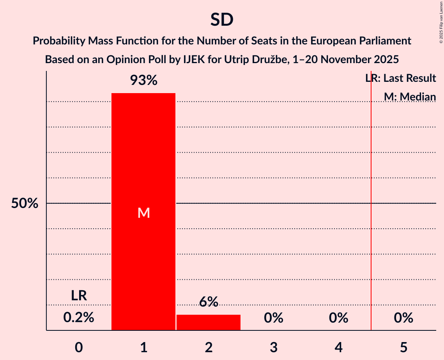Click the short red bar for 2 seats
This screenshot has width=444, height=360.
tap(209, 322)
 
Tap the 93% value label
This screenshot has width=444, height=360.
tap(143, 81)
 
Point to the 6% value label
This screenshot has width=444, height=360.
tap(209, 302)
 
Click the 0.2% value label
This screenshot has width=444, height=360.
tap(79, 318)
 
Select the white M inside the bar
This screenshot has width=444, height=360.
tap(143, 213)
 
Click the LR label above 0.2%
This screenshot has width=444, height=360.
tap(79, 296)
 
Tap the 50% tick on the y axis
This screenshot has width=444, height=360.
tap(25, 203)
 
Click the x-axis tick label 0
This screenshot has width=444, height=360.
tap(79, 347)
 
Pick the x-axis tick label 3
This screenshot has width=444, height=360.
tap(274, 347)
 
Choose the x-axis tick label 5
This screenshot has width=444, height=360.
tap(403, 347)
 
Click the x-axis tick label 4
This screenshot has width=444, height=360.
tap(338, 347)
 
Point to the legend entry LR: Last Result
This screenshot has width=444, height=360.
tap(401, 78)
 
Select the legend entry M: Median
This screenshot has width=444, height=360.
tap(410, 97)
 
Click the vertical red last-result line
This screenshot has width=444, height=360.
tap(371, 234)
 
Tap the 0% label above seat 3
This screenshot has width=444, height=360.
tap(274, 318)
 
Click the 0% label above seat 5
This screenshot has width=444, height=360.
tap(403, 318)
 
